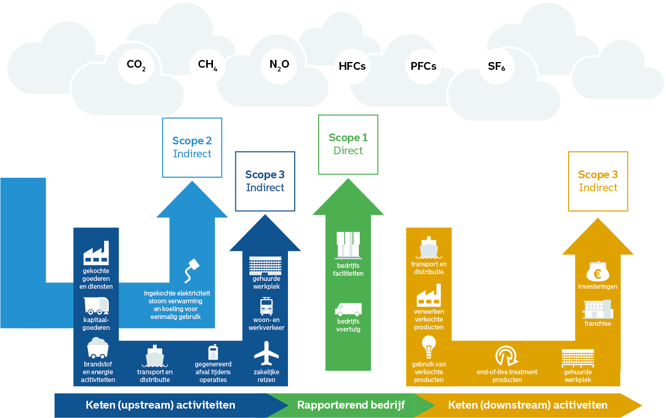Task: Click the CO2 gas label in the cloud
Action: click(x=136, y=65)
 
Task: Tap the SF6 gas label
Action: click(x=497, y=66)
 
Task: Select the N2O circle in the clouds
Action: click(x=279, y=65)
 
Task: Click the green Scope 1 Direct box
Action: click(x=348, y=144)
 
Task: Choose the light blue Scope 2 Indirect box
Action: click(x=192, y=147)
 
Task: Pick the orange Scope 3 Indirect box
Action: click(x=598, y=181)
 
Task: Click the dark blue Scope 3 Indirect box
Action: click(x=265, y=181)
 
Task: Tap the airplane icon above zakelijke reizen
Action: click(x=267, y=353)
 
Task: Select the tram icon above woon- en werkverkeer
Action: click(x=267, y=306)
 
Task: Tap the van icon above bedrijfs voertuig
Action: click(x=348, y=310)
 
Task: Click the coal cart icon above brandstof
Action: click(x=98, y=348)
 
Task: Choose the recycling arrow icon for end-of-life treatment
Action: click(x=507, y=356)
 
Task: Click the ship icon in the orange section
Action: click(x=429, y=248)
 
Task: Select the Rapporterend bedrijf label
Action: click(x=350, y=405)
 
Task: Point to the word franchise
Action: click(x=597, y=324)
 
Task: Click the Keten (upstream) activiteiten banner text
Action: click(x=160, y=405)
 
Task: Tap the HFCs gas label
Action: click(x=352, y=66)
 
